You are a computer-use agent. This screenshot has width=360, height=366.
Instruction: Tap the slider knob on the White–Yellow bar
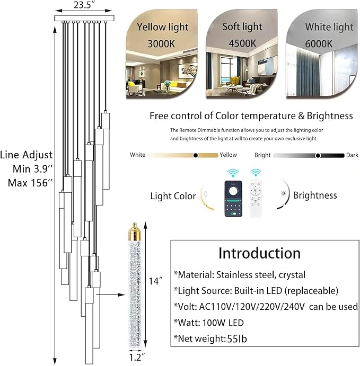(196, 155)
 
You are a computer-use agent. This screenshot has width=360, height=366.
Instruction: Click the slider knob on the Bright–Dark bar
(318, 155)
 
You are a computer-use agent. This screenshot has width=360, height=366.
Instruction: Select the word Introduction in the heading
(259, 253)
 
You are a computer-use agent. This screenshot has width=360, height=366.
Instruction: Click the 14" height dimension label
(155, 282)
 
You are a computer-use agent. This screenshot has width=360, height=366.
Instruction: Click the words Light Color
(173, 196)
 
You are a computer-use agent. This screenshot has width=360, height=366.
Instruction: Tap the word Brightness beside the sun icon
(315, 195)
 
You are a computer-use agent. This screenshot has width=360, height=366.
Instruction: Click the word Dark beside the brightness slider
(352, 155)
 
